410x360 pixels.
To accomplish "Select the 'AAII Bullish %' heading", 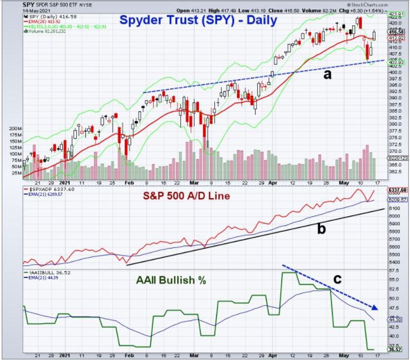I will click(x=171, y=280).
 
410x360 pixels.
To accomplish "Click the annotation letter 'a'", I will click(x=327, y=74).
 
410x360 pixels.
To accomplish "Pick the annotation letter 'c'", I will click(x=338, y=278).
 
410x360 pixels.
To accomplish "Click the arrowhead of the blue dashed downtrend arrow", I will click(x=374, y=307).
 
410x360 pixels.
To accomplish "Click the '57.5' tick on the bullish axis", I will click(x=394, y=271).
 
